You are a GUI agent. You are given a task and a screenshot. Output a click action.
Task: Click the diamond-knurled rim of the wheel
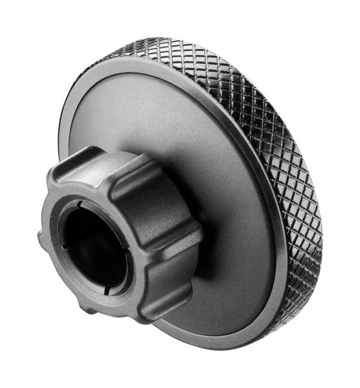(285, 162)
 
